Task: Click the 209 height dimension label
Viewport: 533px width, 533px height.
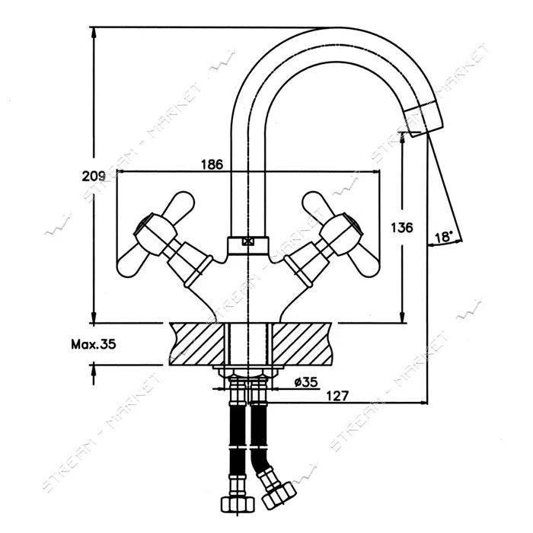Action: coord(94,176)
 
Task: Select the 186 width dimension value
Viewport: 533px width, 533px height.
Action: coord(212,164)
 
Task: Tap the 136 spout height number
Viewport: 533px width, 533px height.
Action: coord(402,228)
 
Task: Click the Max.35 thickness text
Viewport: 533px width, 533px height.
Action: coord(94,344)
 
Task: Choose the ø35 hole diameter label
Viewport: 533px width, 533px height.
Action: coord(306,382)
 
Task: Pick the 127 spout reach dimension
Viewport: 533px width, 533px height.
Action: coord(337,396)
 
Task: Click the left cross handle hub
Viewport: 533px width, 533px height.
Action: coord(155,235)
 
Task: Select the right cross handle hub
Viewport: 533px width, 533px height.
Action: coord(341,235)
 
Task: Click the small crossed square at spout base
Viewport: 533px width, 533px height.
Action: coord(247,241)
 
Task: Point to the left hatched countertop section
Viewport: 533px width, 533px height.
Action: coord(198,343)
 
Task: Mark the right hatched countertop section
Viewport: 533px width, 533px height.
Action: coord(302,343)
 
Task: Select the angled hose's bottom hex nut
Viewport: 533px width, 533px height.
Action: coord(279,495)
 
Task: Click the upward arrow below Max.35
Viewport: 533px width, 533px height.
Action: coord(94,374)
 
